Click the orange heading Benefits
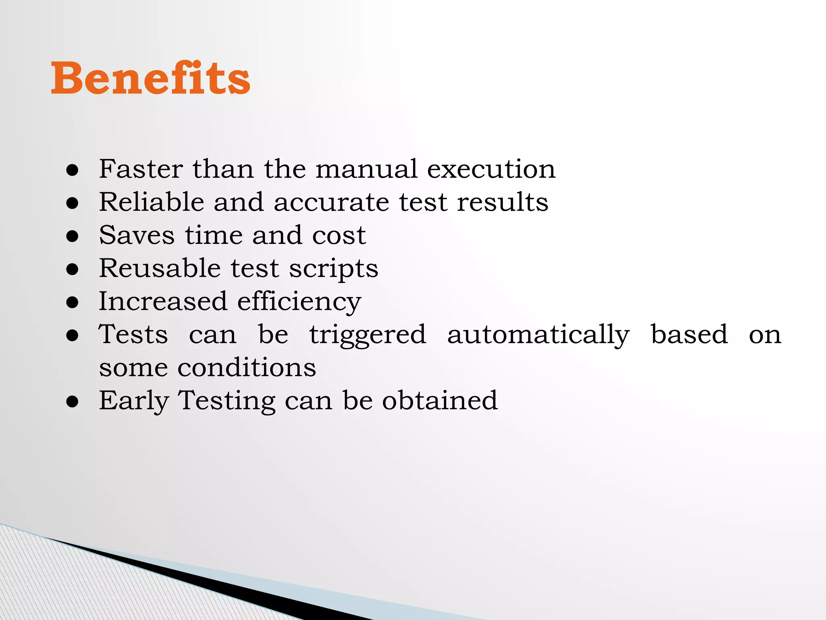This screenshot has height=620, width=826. tap(150, 78)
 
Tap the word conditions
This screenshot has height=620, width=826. tap(247, 368)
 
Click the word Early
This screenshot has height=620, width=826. tap(134, 401)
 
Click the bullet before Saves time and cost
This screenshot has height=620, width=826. tap(73, 236)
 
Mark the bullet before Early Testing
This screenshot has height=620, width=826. tap(73, 402)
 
